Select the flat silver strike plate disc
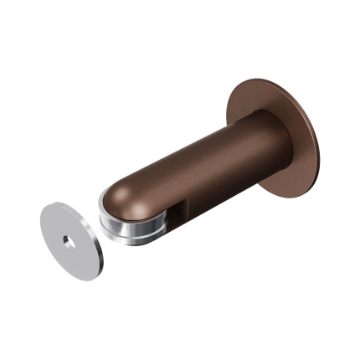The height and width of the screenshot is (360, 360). point(59,226)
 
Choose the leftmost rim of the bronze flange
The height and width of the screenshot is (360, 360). point(227,109)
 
